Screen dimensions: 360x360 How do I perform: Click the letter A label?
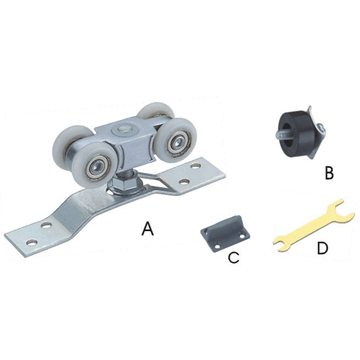(x=148, y=229)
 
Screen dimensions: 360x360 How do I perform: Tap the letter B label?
(x=330, y=173)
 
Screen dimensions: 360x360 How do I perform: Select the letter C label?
(x=234, y=258)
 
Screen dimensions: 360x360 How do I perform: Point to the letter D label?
(x=322, y=248)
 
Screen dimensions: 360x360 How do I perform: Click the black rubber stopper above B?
(x=294, y=134)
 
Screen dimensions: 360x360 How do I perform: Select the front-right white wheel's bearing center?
(x=176, y=142)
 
